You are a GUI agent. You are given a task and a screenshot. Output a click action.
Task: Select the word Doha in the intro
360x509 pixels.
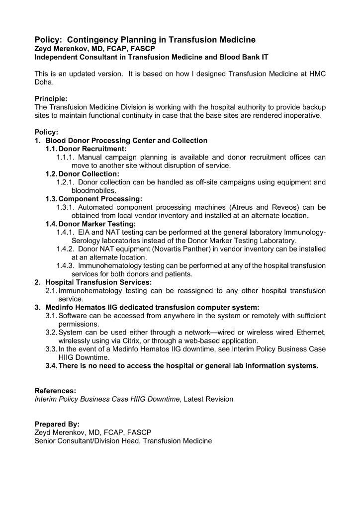[43, 82]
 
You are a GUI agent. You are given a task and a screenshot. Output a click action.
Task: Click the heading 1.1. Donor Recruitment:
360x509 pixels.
[86, 149]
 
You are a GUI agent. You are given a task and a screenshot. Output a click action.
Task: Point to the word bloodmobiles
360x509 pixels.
[94, 190]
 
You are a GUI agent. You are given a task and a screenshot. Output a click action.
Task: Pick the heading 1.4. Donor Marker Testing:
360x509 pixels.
[90, 224]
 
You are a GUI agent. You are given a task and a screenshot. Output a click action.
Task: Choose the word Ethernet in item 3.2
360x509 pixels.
[308, 333]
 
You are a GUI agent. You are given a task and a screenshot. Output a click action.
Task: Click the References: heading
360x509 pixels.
[55, 391]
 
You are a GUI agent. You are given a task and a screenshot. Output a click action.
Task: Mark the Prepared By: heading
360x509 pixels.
[57, 424]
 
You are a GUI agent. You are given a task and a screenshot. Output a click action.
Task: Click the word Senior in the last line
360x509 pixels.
[46, 441]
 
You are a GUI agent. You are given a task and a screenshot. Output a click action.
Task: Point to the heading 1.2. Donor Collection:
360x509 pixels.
[83, 174]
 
